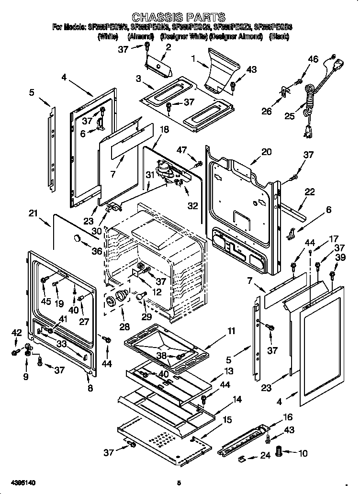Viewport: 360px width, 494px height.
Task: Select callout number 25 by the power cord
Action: (x=290, y=116)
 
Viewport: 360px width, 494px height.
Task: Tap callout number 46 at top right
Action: (x=313, y=59)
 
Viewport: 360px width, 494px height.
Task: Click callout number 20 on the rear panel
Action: (x=266, y=152)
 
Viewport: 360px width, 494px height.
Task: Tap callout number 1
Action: (x=193, y=59)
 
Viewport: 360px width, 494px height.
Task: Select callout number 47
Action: (x=181, y=151)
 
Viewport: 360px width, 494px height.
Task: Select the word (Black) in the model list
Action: (x=279, y=36)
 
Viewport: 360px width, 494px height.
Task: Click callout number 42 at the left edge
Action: (x=16, y=333)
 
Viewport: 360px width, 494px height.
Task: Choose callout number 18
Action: (x=164, y=129)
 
